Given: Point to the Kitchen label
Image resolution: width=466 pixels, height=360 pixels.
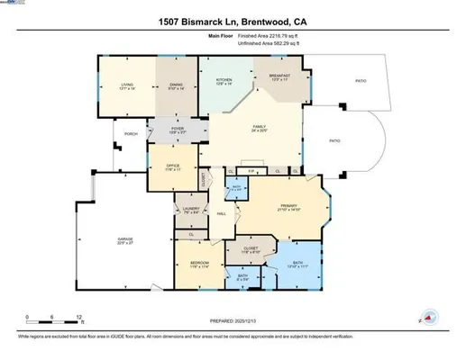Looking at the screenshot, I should pos(224,81).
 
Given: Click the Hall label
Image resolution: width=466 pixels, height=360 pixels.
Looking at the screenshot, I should pos(221,213).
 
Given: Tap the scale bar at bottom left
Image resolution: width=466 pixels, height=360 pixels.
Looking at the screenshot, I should pos(54,319).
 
